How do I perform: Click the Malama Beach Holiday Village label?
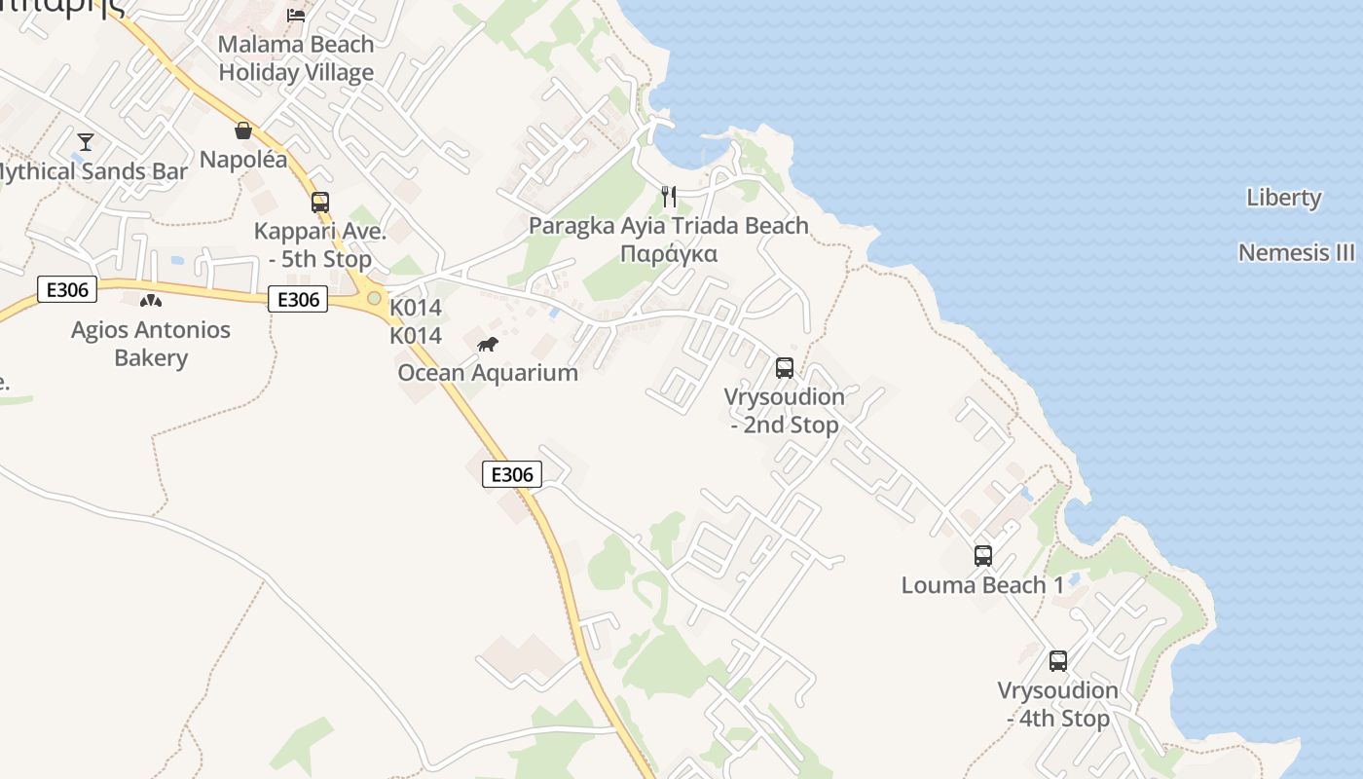pyautogui.click(x=296, y=58)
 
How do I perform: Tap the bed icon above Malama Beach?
pyautogui.click(x=296, y=15)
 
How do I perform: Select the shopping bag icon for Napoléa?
pyautogui.click(x=243, y=130)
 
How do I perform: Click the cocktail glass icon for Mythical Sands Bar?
pyautogui.click(x=86, y=142)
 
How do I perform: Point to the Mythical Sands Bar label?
pyautogui.click(x=92, y=172)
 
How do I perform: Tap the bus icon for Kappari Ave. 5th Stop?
pyautogui.click(x=320, y=203)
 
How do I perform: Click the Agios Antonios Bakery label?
pyautogui.click(x=151, y=344)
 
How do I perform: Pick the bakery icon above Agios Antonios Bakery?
pyautogui.click(x=150, y=301)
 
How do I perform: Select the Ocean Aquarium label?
pyautogui.click(x=488, y=373)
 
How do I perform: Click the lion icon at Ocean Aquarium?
pyautogui.click(x=488, y=344)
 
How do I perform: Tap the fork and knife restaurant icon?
pyautogui.click(x=668, y=197)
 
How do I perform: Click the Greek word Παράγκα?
pyautogui.click(x=669, y=254)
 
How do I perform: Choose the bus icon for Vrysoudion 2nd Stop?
pyautogui.click(x=785, y=368)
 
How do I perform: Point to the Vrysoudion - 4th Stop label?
pyautogui.click(x=1058, y=705)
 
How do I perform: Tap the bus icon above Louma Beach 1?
pyautogui.click(x=983, y=556)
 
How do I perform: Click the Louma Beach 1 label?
pyautogui.click(x=982, y=585)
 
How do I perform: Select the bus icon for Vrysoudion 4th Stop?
pyautogui.click(x=1058, y=661)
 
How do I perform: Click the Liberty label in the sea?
pyautogui.click(x=1284, y=198)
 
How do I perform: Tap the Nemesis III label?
pyautogui.click(x=1296, y=253)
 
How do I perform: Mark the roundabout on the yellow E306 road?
pyautogui.click(x=374, y=297)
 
